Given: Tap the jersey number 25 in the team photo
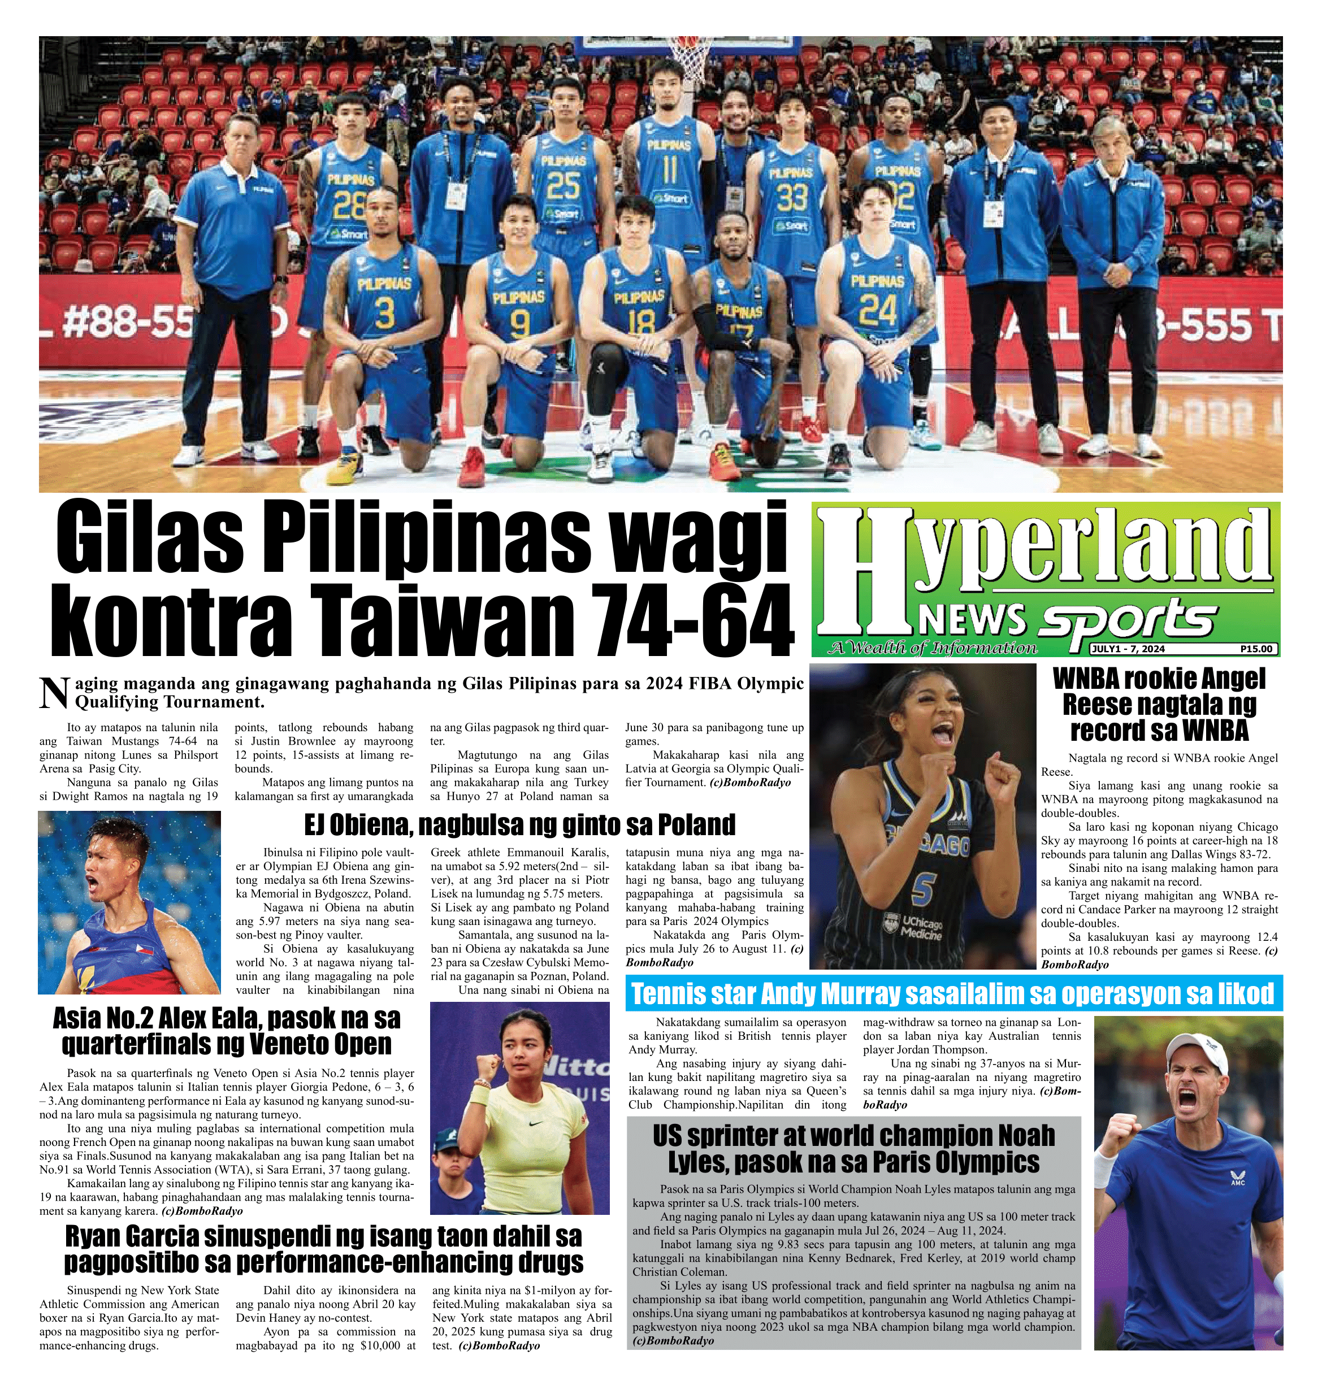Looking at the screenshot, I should [564, 185].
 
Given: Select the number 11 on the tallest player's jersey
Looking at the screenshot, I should [669, 170].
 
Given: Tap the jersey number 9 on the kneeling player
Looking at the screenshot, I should [519, 324].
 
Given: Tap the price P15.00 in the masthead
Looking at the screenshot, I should [1256, 649].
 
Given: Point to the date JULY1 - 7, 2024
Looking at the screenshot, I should [1128, 649].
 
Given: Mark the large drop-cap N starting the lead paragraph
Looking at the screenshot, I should [54, 692].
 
